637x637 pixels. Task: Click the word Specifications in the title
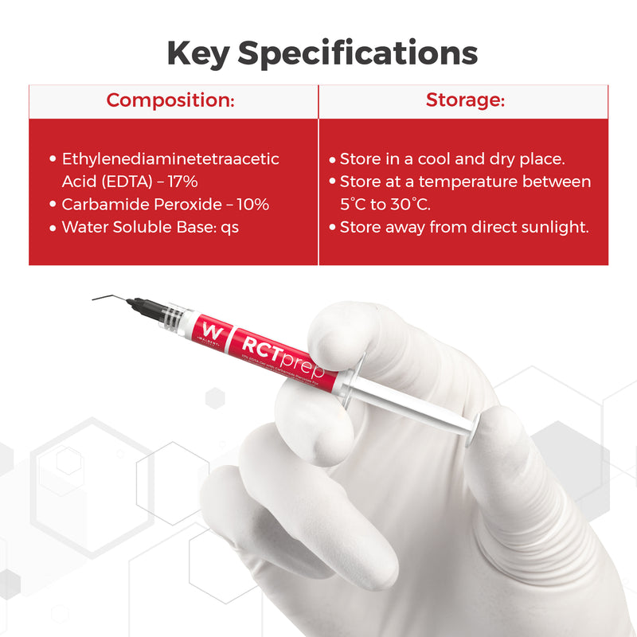pyautogui.click(x=358, y=53)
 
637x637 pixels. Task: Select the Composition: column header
pyautogui.click(x=170, y=100)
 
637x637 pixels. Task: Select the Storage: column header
pyautogui.click(x=464, y=100)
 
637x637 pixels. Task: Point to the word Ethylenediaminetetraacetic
pyautogui.click(x=170, y=158)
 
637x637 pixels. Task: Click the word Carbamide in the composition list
pyautogui.click(x=100, y=205)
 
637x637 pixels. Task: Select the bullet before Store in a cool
pyautogui.click(x=332, y=160)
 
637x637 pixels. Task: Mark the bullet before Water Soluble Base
pyautogui.click(x=53, y=228)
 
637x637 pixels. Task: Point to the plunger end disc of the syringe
pyautogui.click(x=475, y=430)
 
